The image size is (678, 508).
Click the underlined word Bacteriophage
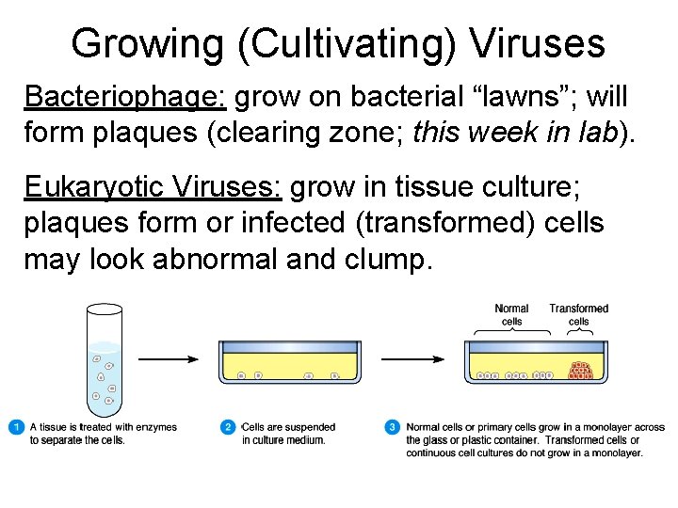click(125, 97)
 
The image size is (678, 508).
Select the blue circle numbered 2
click(228, 427)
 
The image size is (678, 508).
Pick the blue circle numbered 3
click(393, 427)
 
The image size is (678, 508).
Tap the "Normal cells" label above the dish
click(511, 314)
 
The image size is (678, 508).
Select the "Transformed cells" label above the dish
click(578, 314)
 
